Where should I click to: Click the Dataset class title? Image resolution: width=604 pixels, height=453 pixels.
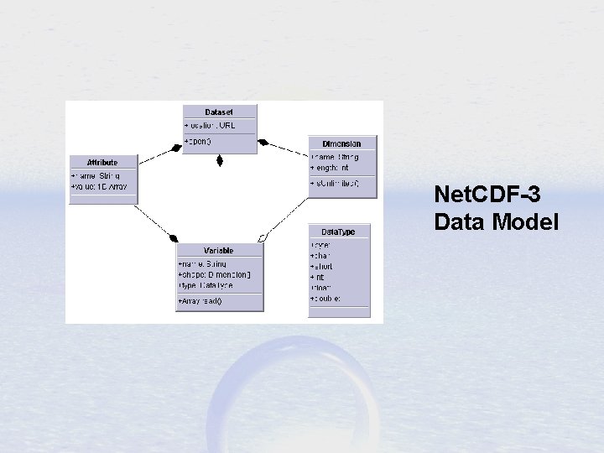point(219,112)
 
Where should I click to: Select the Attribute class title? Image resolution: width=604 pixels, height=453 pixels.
point(102,162)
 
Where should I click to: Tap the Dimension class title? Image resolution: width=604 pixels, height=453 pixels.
point(341,143)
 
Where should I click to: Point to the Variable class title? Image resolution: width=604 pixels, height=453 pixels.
point(218,250)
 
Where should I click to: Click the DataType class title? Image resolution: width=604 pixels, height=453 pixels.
point(338,232)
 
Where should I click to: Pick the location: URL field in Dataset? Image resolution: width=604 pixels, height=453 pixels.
point(211,125)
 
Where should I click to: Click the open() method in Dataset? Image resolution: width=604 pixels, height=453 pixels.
point(199,141)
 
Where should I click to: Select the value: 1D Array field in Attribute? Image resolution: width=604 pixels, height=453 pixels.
point(100,186)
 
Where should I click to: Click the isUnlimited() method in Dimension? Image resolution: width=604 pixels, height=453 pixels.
point(335,183)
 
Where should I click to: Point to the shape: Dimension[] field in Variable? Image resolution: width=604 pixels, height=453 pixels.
point(215,274)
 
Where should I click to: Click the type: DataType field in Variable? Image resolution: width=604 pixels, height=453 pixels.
point(206,285)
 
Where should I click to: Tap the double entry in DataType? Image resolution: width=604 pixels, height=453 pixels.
point(326,298)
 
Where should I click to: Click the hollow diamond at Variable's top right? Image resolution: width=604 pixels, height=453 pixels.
point(263,238)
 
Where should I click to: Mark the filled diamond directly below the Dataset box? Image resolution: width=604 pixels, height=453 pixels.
point(219,159)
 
